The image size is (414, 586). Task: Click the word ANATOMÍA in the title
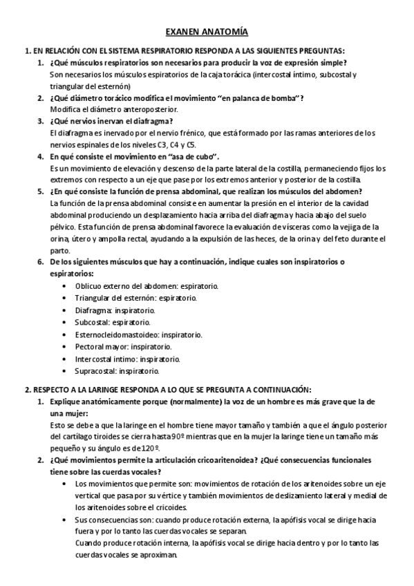click(225, 32)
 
